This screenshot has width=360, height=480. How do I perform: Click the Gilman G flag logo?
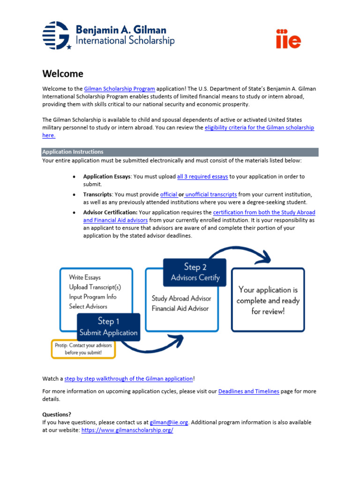click(57, 35)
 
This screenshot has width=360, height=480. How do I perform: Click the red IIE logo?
click(288, 39)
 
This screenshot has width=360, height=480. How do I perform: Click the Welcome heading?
click(63, 74)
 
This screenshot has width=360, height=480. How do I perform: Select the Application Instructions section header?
click(73, 152)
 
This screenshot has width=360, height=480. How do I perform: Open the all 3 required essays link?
click(202, 177)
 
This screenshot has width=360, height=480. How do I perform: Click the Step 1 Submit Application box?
click(108, 327)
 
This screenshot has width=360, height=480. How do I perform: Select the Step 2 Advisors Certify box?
click(195, 272)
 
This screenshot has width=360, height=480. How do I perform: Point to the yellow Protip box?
click(83, 349)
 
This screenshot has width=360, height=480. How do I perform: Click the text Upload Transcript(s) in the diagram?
click(95, 287)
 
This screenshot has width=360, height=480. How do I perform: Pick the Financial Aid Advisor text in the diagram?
click(180, 308)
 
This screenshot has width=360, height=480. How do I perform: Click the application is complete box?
click(268, 300)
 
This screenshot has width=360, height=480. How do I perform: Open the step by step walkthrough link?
click(128, 379)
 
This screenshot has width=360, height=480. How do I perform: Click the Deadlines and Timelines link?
click(248, 391)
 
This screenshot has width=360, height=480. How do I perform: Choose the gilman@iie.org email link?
click(169, 422)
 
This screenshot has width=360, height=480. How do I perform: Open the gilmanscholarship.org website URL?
click(127, 430)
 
